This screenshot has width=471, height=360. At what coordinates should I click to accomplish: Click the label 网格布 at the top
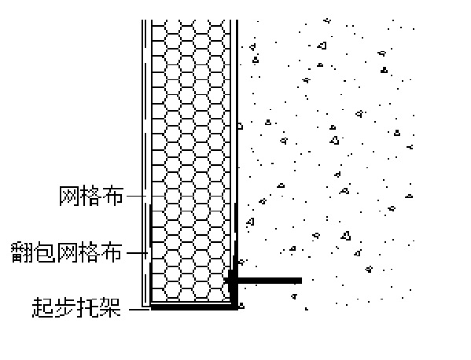91,196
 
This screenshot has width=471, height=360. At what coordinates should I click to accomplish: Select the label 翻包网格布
67,252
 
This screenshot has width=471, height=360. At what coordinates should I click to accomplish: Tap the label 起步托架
76,307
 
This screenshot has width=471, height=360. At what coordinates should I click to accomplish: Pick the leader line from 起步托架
140,309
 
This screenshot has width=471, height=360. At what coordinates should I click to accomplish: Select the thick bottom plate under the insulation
193,307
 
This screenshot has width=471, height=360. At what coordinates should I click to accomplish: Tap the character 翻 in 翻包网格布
21,252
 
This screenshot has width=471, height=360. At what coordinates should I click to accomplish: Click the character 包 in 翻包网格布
44,252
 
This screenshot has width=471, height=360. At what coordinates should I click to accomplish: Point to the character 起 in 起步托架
42,307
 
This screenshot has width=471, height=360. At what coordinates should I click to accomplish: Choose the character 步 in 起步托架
65,307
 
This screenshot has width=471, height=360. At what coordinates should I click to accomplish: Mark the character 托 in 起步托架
87,307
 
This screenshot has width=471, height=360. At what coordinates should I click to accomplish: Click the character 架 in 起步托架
110,307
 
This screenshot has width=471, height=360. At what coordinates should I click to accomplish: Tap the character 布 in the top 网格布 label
113,196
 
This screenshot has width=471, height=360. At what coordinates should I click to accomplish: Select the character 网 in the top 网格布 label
69,196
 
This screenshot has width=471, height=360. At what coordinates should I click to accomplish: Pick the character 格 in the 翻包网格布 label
89,252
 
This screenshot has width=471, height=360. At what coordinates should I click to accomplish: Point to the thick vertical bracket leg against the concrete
234,255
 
